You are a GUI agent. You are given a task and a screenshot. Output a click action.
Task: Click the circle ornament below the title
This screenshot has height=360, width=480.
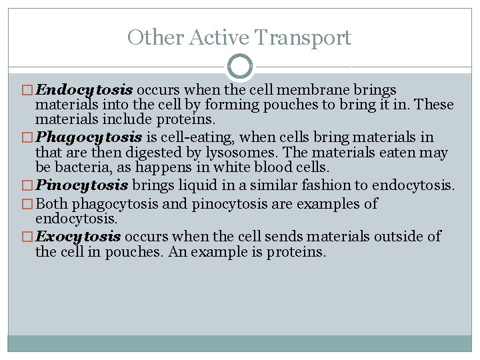coord(240,67)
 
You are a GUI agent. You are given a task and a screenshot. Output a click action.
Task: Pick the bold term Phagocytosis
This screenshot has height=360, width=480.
coord(89,138)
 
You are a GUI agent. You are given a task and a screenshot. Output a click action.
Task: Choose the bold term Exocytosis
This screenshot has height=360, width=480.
coord(79,237)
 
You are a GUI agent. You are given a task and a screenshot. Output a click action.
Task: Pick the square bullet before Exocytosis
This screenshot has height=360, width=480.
coord(29,237)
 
